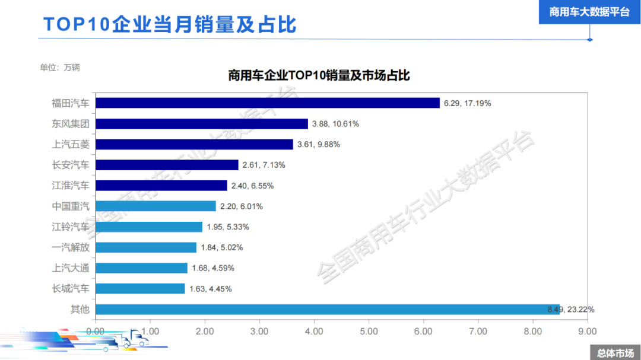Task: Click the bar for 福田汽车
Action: click(267, 103)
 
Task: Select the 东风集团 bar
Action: click(202, 124)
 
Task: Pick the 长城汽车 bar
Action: click(140, 289)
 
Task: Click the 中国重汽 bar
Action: click(156, 206)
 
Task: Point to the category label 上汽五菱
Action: click(71, 144)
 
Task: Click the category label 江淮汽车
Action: click(71, 186)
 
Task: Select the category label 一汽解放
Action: click(71, 247)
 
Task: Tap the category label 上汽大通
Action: click(71, 268)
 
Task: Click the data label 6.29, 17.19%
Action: click(467, 103)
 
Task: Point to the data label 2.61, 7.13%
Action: click(264, 165)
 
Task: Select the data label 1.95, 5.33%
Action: click(228, 227)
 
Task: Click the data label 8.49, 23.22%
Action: click(570, 309)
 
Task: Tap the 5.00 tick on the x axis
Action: click(369, 331)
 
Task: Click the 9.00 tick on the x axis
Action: click(587, 331)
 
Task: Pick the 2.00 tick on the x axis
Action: click(205, 331)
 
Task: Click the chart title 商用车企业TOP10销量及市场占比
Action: click(319, 76)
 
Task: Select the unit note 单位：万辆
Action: click(59, 67)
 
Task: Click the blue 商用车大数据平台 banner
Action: click(589, 12)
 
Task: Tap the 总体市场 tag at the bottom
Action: click(615, 353)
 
